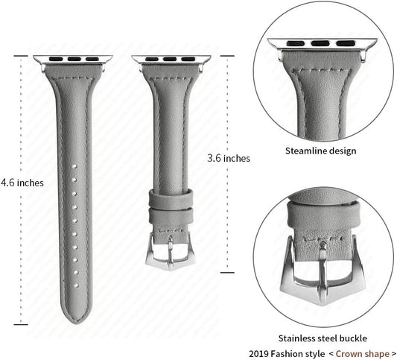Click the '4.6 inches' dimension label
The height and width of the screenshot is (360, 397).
click(22, 183)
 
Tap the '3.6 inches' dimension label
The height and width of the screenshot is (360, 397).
click(229, 158)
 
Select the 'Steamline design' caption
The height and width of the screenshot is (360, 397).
click(321, 151)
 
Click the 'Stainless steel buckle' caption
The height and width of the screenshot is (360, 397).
click(323, 338)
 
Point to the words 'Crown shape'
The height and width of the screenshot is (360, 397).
click(362, 354)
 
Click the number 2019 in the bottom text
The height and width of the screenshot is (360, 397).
click(258, 354)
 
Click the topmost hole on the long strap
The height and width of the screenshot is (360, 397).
click(74, 166)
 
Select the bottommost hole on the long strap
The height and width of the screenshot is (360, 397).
click(76, 285)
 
